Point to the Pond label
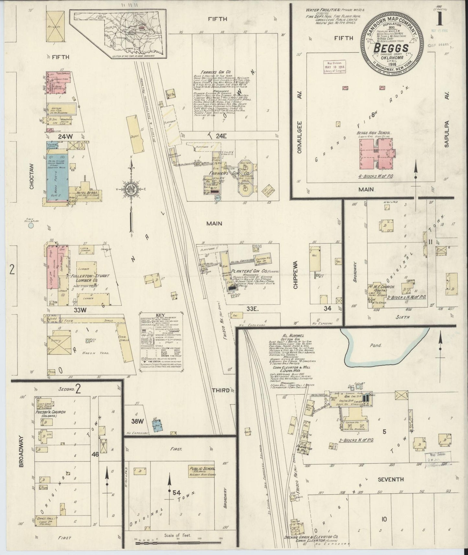pos(375,345)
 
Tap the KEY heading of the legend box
pos(160,315)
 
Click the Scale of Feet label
pos(177,535)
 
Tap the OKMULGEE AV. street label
pos(300,140)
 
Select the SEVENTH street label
pos(390,479)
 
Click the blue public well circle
pos(31,226)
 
